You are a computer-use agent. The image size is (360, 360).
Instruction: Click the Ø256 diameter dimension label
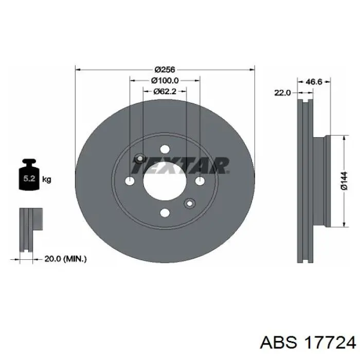click(x=165, y=69)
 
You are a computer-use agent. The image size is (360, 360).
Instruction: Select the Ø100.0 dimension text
click(x=165, y=81)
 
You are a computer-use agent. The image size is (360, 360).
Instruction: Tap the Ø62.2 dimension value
click(x=165, y=92)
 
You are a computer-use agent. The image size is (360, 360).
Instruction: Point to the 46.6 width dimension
click(x=314, y=81)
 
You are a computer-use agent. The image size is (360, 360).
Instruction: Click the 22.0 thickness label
click(x=282, y=93)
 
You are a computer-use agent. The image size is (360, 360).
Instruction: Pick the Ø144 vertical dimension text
click(x=344, y=181)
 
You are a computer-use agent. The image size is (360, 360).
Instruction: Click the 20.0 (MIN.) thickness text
click(x=65, y=259)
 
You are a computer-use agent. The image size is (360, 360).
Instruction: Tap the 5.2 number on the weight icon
click(x=29, y=178)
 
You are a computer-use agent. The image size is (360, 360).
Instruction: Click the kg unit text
click(x=47, y=179)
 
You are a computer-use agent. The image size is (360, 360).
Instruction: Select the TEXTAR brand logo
click(x=180, y=165)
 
